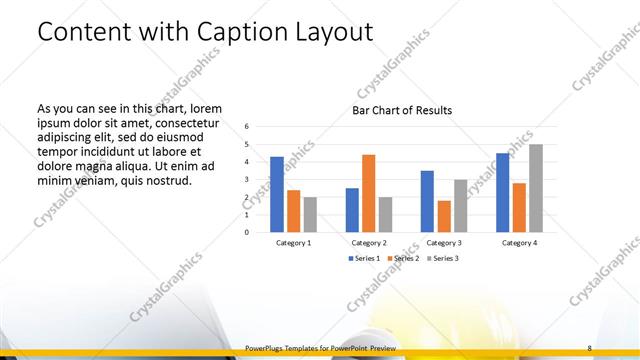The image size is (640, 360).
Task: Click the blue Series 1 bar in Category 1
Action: click(277, 194)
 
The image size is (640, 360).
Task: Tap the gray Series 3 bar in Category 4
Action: click(536, 188)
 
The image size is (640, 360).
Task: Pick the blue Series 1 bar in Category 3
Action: click(427, 201)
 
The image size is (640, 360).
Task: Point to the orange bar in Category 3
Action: click(444, 216)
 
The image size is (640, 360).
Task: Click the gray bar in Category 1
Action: click(310, 214)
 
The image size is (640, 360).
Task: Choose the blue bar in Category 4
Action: click(503, 192)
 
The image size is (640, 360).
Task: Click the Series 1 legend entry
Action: click(364, 258)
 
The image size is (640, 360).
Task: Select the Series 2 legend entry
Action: click(404, 258)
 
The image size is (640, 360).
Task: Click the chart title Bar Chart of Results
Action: click(402, 110)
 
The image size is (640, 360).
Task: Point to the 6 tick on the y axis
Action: click(247, 127)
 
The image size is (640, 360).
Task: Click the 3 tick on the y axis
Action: click(247, 179)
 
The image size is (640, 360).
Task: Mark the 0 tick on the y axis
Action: click(247, 232)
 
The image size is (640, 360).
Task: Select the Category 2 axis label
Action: click(368, 243)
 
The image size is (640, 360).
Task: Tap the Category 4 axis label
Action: click(519, 243)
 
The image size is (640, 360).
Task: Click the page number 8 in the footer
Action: click(589, 347)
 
